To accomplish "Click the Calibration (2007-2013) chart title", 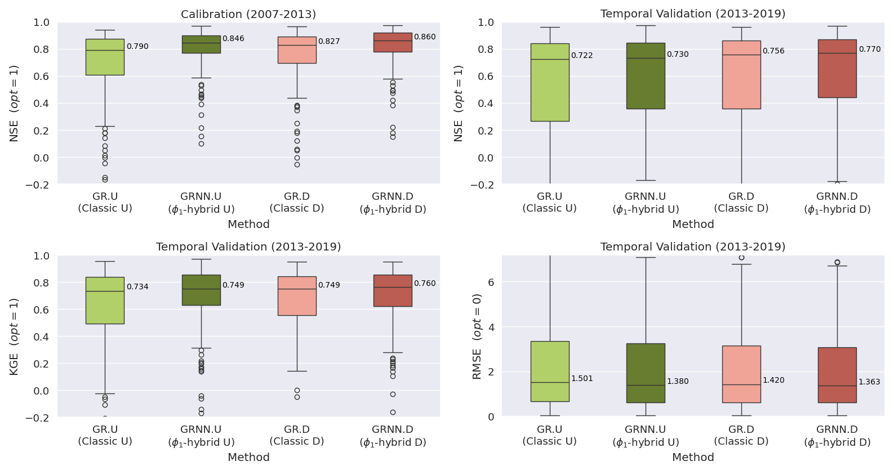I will click(x=248, y=14).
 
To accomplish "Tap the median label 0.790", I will click(x=137, y=47).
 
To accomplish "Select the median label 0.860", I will click(x=425, y=37).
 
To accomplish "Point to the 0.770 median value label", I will click(x=870, y=50).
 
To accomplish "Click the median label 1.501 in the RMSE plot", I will click(x=582, y=379).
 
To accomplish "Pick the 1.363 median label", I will click(x=869, y=382).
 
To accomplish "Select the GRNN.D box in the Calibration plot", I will click(x=393, y=42).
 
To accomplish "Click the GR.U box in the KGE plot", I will click(x=105, y=301).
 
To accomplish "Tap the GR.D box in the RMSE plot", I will click(x=741, y=374).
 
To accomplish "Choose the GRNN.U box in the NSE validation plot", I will click(x=646, y=76).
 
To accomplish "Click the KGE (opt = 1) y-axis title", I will click(x=14, y=336).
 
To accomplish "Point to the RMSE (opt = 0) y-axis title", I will click(x=477, y=336).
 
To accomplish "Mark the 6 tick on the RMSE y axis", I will click(x=491, y=282).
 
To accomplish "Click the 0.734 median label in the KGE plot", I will click(x=137, y=287).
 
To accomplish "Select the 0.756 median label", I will click(x=773, y=51).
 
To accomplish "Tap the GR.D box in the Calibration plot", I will click(x=297, y=50).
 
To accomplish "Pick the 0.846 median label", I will click(x=233, y=39).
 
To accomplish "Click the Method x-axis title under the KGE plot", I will click(x=248, y=457).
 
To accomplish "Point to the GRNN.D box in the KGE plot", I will click(x=393, y=290).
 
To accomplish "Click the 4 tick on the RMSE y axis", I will click(x=491, y=327).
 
